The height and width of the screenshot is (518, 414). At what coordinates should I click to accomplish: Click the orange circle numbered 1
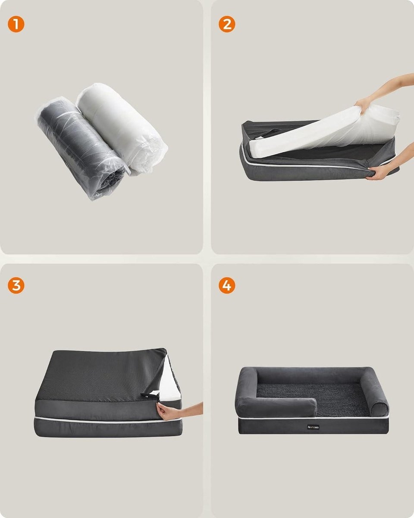pos(16,25)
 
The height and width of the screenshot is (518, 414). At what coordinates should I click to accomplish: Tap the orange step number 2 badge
pos(227,25)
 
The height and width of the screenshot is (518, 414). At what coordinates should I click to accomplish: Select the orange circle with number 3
pos(16,285)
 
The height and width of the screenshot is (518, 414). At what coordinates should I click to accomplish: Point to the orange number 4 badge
pos(227,285)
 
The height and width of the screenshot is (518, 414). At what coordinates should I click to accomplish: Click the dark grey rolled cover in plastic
pos(80,147)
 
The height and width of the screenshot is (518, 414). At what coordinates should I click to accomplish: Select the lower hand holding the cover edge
pos(379,173)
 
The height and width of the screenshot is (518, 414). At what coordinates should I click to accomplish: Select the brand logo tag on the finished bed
pos(314,426)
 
